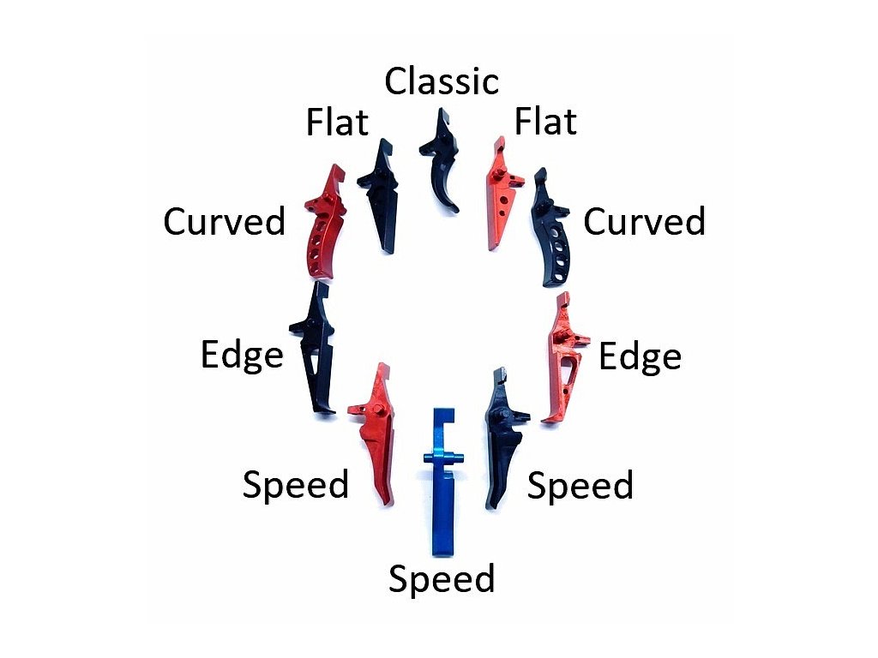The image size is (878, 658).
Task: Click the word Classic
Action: click(x=442, y=81)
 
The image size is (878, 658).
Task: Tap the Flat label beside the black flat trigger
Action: click(x=337, y=124)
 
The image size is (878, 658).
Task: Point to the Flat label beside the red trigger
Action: click(x=545, y=122)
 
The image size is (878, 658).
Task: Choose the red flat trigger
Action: click(x=502, y=193)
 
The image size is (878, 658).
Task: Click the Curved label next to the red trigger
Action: click(x=225, y=223)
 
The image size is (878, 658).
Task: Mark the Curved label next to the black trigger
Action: click(x=644, y=223)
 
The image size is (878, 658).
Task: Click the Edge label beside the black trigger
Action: click(x=242, y=355)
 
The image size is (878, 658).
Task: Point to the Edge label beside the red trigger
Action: click(x=640, y=356)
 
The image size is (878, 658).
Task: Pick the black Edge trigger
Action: click(x=315, y=351)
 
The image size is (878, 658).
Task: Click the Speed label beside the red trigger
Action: click(x=296, y=485)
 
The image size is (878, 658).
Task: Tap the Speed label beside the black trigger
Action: click(x=580, y=487)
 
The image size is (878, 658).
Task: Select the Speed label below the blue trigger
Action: click(x=442, y=579)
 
